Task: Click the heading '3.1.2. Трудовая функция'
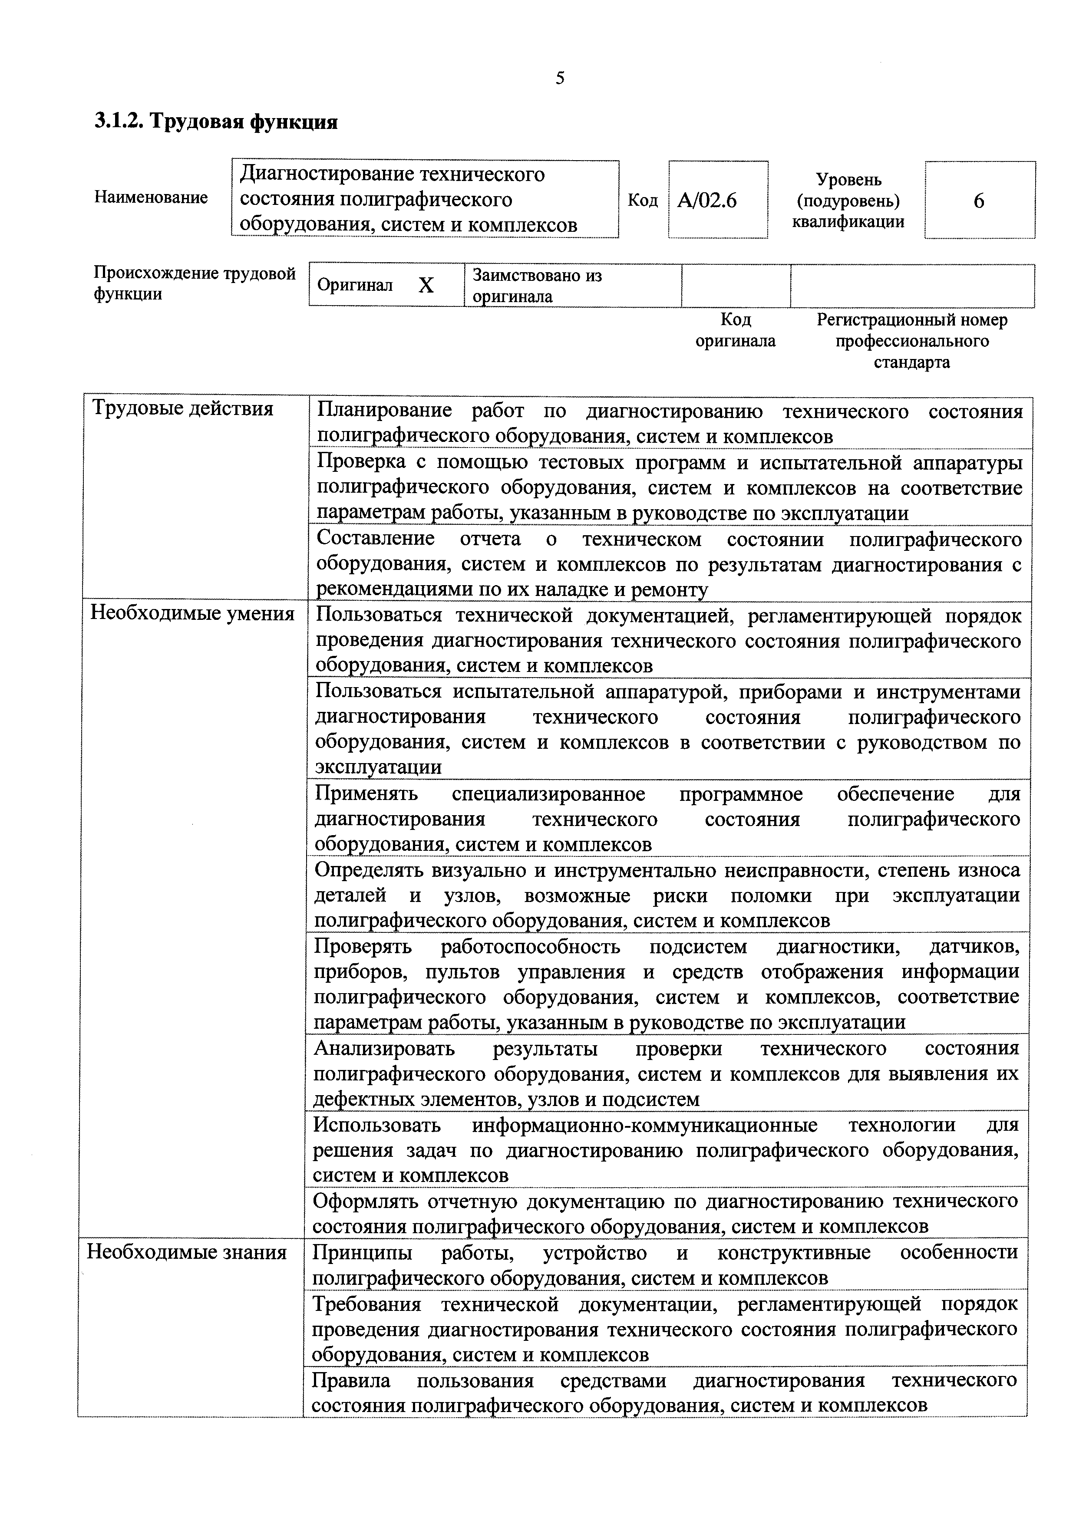click(216, 122)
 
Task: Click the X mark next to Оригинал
click(426, 286)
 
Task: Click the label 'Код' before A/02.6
click(642, 201)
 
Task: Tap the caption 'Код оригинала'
click(735, 330)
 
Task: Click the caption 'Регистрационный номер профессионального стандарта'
click(911, 341)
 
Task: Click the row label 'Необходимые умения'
click(192, 613)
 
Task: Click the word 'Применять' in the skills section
click(366, 794)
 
